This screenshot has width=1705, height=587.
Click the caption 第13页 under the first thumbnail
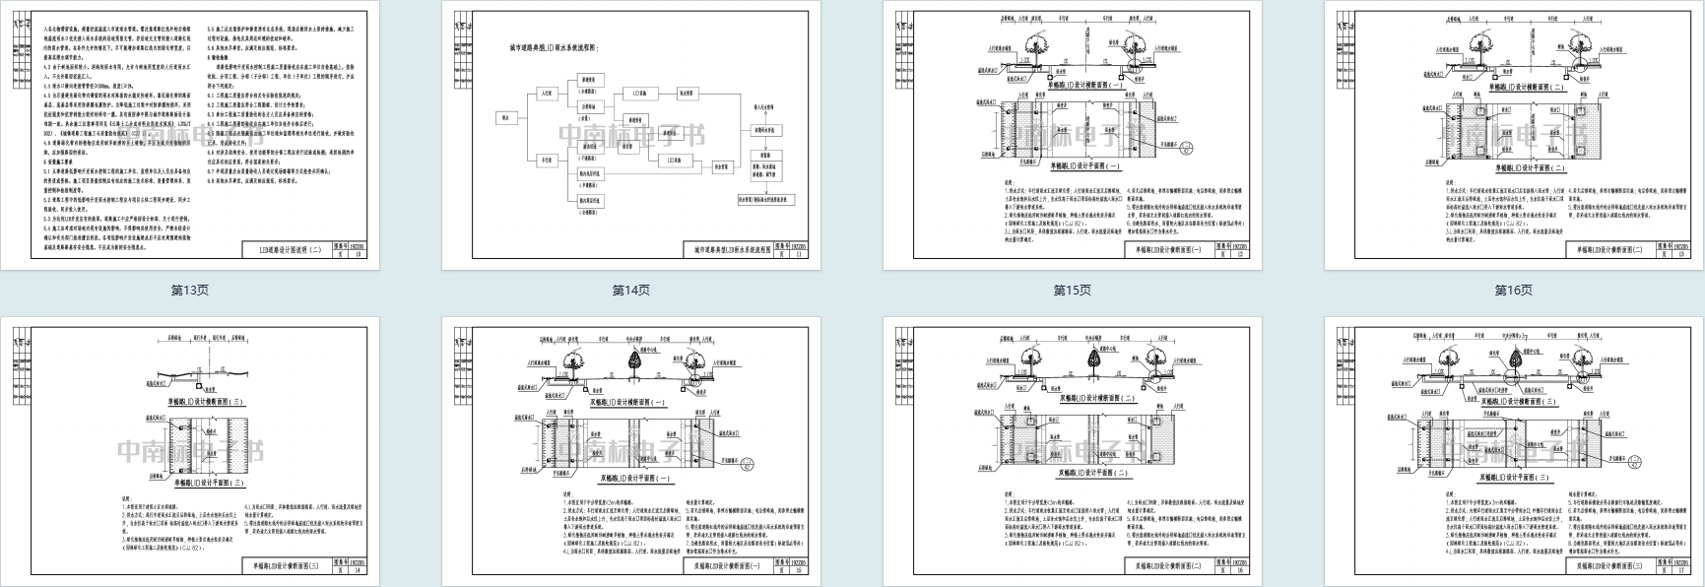pos(189,291)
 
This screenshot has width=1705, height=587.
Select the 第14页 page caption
pos(630,291)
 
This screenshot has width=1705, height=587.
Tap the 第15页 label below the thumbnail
pos(1072,291)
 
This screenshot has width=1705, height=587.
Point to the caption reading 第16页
pos(1513,291)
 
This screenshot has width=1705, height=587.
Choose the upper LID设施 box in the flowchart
pos(635,93)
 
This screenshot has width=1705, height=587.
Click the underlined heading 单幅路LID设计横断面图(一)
pos(1072,86)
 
